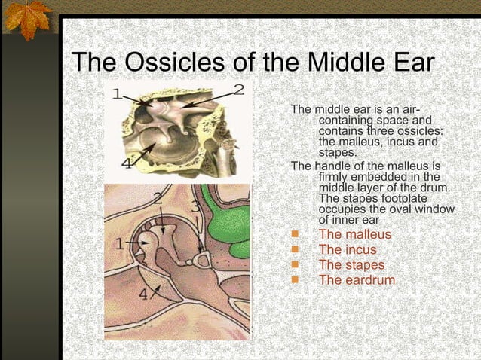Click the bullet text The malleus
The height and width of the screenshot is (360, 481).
[x=355, y=235]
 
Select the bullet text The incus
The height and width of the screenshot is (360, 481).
[x=348, y=250]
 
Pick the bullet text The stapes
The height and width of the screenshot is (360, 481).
[x=351, y=265]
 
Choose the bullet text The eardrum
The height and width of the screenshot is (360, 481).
[x=357, y=280]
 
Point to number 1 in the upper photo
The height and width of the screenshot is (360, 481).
[x=117, y=94]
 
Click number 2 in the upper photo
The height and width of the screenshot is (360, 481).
[x=238, y=90]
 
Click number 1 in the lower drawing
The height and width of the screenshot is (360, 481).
[x=118, y=243]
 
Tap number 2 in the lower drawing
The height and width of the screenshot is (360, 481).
[x=158, y=199]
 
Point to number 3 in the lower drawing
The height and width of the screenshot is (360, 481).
[x=195, y=205]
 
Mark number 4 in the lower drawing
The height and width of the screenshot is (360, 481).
[x=144, y=294]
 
